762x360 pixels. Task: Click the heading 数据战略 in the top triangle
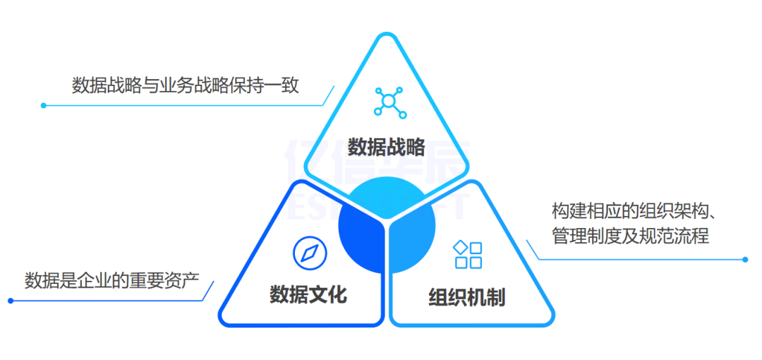(x=386, y=147)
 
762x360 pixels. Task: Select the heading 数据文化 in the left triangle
(x=308, y=294)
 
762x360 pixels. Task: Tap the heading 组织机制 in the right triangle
(x=466, y=297)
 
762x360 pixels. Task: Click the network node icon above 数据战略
(x=387, y=102)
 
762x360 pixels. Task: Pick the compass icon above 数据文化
(x=308, y=253)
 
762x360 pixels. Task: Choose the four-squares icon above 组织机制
(x=468, y=255)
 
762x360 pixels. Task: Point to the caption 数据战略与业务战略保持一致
(x=185, y=85)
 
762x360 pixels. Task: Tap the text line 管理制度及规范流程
(x=630, y=235)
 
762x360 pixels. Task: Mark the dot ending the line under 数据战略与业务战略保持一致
(x=43, y=106)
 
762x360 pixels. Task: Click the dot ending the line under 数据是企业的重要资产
(x=11, y=301)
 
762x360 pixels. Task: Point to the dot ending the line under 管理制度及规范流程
(x=745, y=259)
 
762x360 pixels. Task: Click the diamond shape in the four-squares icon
(x=460, y=247)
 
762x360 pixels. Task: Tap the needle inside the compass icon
(x=308, y=253)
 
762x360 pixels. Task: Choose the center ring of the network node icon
(x=387, y=102)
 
